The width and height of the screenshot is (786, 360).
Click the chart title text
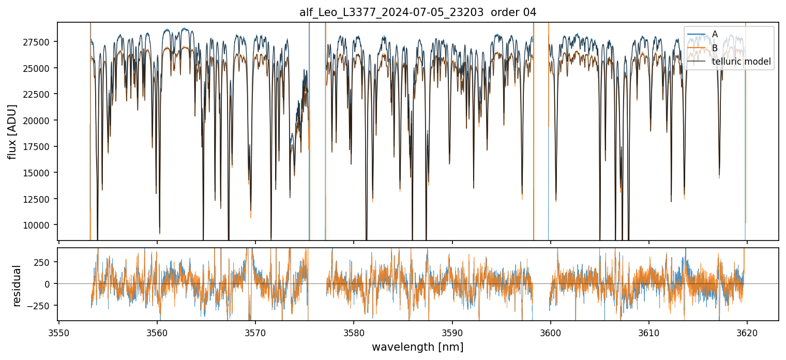[418, 12]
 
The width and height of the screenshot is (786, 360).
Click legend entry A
[715, 34]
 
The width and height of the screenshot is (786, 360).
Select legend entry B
[715, 48]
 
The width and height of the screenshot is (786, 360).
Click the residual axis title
[17, 286]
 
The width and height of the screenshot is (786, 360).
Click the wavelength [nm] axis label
[417, 347]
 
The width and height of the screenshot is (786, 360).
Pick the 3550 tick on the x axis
[59, 332]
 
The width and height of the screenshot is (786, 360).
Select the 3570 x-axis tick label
[255, 332]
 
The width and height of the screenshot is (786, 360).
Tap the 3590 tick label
[452, 332]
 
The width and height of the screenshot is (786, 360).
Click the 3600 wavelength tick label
[551, 332]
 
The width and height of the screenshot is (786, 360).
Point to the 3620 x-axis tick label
[747, 332]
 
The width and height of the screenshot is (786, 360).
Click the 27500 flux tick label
[39, 42]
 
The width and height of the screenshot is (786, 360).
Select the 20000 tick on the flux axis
[39, 121]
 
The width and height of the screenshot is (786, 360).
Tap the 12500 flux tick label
[39, 199]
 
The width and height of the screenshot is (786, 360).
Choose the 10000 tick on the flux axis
[39, 225]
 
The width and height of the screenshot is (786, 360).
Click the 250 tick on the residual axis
[44, 262]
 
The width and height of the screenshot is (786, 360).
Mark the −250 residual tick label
[41, 306]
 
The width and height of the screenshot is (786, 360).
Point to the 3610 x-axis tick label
[649, 332]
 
